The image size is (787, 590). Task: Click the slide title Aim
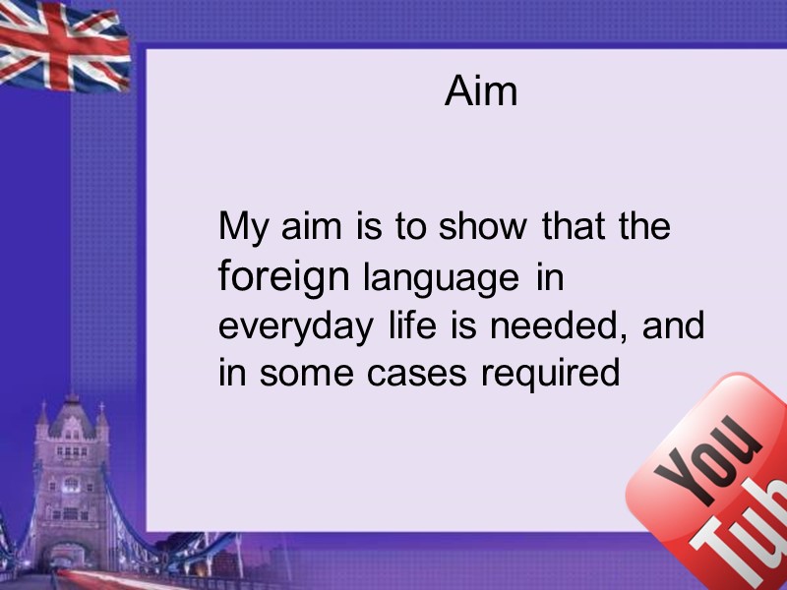481,91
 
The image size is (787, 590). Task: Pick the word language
441,279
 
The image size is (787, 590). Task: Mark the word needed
545,325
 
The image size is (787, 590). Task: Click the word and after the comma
673,325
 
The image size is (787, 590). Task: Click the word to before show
411,228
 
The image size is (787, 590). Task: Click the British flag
62,45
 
